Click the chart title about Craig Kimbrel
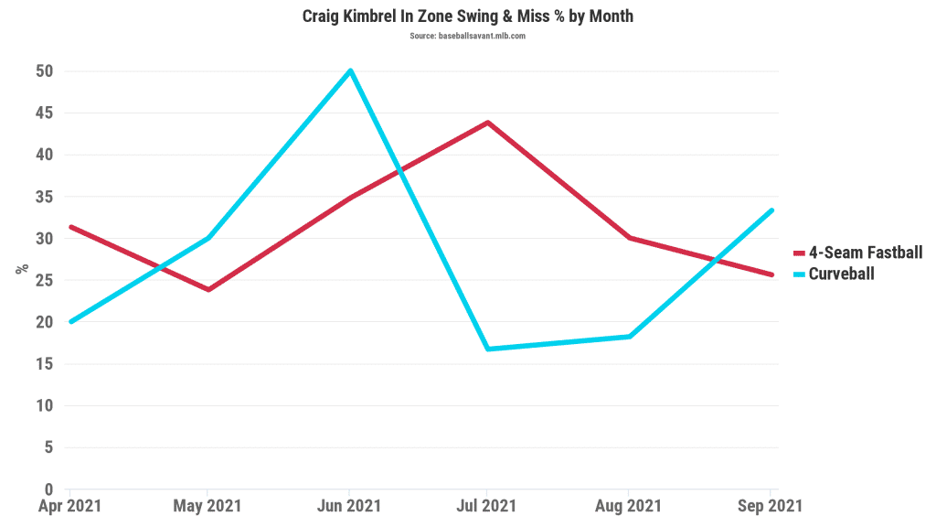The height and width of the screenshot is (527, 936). pos(467,16)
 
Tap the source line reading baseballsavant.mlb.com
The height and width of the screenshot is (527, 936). pos(467,36)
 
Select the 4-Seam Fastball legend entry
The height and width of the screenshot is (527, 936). pos(865,253)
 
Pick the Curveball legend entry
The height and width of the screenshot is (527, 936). pos(841,273)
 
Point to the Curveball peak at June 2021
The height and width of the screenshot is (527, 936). pos(350,70)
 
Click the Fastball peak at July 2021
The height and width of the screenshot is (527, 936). pos(488,122)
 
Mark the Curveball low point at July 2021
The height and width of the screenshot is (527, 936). pos(488,349)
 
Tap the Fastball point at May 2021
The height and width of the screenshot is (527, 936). pos(209,289)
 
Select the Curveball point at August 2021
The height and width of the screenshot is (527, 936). pos(629,337)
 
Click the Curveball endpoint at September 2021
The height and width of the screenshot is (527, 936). pos(771,210)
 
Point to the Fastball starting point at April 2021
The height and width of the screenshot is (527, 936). pos(70,227)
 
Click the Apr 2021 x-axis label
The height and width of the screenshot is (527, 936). pos(70,506)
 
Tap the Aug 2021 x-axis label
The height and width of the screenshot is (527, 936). pos(629,506)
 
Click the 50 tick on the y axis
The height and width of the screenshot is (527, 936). pos(44,71)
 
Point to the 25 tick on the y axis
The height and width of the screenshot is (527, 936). pos(44,280)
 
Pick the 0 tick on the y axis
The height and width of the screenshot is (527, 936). pos(48,489)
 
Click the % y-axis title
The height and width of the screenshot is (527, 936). pos(20,269)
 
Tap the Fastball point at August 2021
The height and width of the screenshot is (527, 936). pos(629,238)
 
